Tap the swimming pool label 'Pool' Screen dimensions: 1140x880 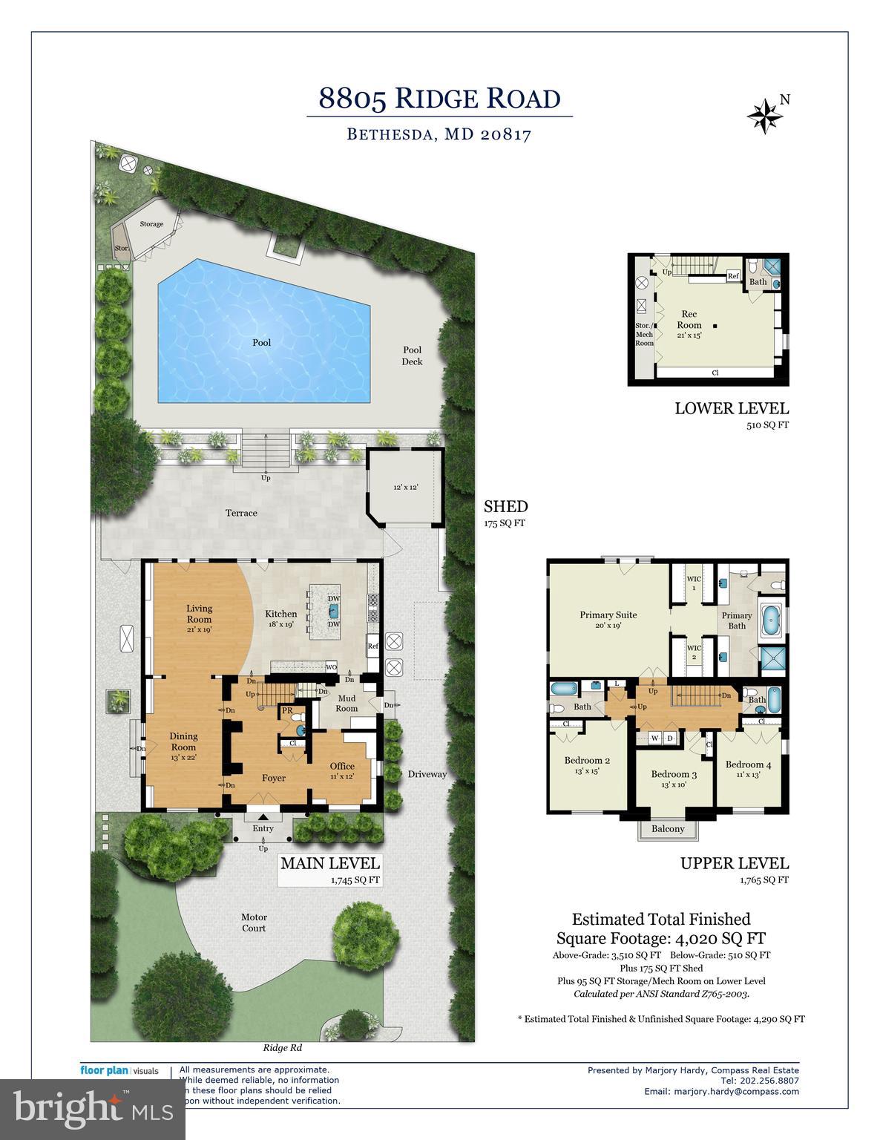click(261, 342)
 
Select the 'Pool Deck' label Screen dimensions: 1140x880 click(412, 356)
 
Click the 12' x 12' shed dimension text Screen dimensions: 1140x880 click(406, 488)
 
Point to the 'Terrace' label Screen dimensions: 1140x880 click(241, 513)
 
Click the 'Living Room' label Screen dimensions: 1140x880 click(199, 614)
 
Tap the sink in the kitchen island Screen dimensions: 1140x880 click(334, 612)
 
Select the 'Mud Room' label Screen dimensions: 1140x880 click(347, 703)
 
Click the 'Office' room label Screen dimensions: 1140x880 click(342, 766)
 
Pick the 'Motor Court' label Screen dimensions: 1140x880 click(254, 923)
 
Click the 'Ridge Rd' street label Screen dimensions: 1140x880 click(283, 1049)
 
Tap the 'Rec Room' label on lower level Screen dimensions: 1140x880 click(689, 320)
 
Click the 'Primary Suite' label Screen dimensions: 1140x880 click(608, 615)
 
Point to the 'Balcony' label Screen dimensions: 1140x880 click(668, 829)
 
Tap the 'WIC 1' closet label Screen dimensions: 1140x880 click(694, 583)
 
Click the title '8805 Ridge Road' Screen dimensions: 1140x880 click(439, 98)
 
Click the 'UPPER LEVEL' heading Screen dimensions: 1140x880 click(734, 863)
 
